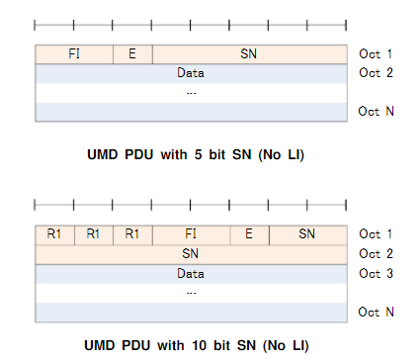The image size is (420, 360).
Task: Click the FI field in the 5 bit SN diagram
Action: click(74, 53)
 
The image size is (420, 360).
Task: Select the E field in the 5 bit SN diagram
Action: click(132, 53)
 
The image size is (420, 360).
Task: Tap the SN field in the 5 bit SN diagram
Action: click(249, 53)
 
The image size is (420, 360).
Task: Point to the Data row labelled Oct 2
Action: click(191, 72)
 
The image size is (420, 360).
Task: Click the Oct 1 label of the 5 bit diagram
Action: click(377, 53)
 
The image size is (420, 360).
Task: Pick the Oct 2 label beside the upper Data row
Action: click(377, 72)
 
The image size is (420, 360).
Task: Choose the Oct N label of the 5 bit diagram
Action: click(377, 111)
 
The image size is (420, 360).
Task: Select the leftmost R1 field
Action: click(54, 234)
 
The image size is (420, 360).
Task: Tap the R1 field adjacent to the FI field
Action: click(132, 234)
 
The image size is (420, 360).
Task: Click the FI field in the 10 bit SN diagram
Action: click(191, 234)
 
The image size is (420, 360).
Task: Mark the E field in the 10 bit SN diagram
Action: click(249, 234)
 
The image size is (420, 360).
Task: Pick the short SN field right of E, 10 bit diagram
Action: click(307, 234)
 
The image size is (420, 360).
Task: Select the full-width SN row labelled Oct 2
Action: click(191, 253)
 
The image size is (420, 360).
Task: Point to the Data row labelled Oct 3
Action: click(191, 272)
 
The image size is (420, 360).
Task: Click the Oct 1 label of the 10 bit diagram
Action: click(377, 234)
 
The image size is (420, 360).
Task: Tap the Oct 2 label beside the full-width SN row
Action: click(377, 253)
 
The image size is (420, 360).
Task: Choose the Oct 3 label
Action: click(377, 273)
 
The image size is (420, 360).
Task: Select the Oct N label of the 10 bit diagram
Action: click(377, 312)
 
